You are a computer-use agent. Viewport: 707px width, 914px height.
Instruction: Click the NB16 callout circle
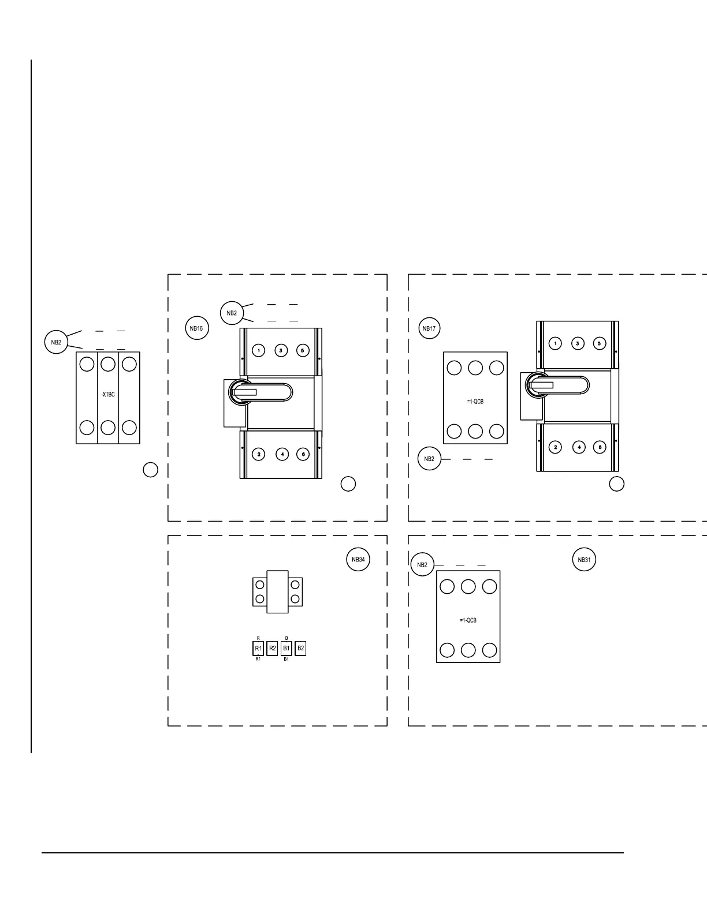click(x=196, y=328)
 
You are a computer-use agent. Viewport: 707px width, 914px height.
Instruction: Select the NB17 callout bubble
click(x=429, y=328)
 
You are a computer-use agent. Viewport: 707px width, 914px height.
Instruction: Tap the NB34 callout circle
click(x=358, y=560)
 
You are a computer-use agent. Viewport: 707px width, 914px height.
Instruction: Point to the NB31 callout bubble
click(x=583, y=560)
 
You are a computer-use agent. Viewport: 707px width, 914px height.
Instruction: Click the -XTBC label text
click(x=107, y=395)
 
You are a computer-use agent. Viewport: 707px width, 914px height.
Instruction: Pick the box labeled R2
click(x=273, y=649)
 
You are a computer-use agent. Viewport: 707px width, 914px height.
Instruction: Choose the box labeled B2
click(x=300, y=649)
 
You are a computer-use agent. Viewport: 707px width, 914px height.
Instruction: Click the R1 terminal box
click(x=258, y=649)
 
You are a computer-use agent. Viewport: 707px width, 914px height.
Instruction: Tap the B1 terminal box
click(x=286, y=649)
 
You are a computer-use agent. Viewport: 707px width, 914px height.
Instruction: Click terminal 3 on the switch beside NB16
click(x=281, y=350)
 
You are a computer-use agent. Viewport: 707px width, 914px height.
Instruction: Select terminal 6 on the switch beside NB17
click(x=600, y=447)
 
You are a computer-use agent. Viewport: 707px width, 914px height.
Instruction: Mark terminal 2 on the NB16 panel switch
click(x=259, y=455)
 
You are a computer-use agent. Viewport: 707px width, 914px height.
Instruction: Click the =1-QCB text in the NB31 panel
click(x=468, y=620)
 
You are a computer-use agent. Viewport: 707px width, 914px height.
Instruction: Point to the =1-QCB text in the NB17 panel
click(x=475, y=402)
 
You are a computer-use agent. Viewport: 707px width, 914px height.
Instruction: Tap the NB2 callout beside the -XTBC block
click(x=56, y=342)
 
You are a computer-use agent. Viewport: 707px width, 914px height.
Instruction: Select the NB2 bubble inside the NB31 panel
click(x=422, y=564)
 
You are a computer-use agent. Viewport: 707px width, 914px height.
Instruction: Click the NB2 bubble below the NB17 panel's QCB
click(x=429, y=459)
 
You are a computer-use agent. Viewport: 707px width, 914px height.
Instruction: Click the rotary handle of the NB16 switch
click(x=260, y=392)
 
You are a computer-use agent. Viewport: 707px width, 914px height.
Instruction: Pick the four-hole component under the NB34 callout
click(x=277, y=591)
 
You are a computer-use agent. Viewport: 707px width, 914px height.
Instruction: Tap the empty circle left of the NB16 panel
click(x=150, y=470)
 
